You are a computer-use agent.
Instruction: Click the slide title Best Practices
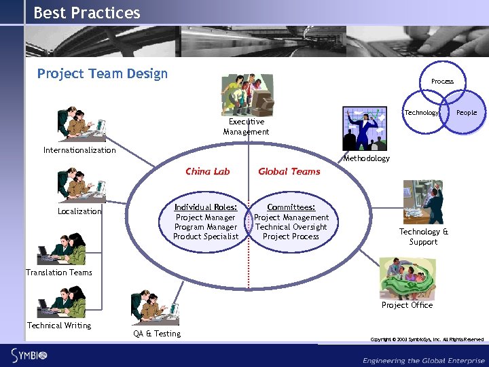click(x=86, y=13)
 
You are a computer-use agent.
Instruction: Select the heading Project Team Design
click(x=102, y=73)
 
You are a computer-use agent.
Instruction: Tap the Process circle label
click(x=442, y=82)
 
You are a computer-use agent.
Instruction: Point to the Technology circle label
click(x=422, y=112)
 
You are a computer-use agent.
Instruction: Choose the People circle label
click(x=467, y=112)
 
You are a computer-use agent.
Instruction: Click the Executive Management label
click(x=246, y=126)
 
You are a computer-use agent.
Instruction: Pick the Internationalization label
click(x=79, y=150)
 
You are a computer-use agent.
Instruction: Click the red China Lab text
click(x=207, y=171)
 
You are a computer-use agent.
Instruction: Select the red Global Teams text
click(x=289, y=171)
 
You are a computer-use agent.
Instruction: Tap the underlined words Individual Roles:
click(x=205, y=207)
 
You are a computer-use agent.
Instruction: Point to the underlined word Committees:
click(x=291, y=207)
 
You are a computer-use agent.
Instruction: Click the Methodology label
click(x=367, y=158)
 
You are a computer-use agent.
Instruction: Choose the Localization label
click(x=79, y=211)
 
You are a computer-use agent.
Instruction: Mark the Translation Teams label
click(x=59, y=273)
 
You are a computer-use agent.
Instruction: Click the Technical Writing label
click(x=59, y=326)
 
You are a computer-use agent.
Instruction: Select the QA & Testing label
click(x=157, y=334)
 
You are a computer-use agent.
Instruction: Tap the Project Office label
click(x=407, y=305)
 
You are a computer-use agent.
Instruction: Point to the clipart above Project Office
click(x=407, y=277)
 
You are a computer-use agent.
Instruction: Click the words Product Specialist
click(x=205, y=237)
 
